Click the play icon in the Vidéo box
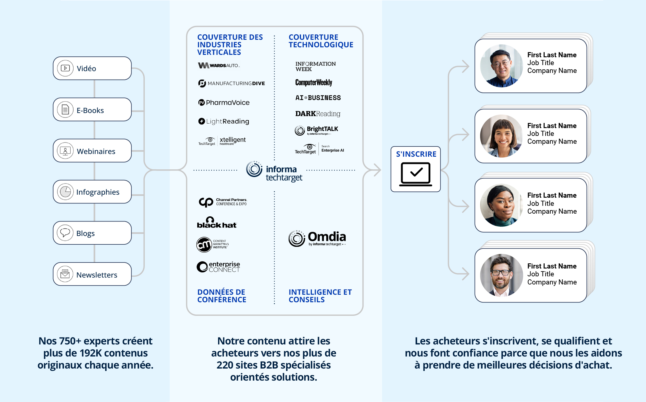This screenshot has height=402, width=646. (x=65, y=68)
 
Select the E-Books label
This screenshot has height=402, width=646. (x=90, y=111)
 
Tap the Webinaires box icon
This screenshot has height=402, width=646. (x=65, y=151)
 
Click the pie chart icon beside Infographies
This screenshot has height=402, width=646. (x=65, y=192)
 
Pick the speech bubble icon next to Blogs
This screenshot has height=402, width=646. (x=65, y=233)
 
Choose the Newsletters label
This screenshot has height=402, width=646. (x=97, y=275)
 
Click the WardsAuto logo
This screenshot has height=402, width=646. (x=219, y=65)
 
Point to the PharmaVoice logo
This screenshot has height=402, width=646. (x=224, y=102)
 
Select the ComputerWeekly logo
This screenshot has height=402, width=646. (x=314, y=83)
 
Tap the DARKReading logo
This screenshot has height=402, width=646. (x=318, y=114)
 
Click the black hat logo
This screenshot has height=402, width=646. (x=217, y=223)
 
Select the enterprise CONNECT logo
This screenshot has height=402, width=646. (x=218, y=267)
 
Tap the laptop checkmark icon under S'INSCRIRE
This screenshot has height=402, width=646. (x=416, y=174)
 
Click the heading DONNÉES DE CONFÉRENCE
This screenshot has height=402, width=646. (x=222, y=296)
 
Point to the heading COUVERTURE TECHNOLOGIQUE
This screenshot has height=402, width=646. (x=321, y=41)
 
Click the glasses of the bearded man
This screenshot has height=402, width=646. (x=501, y=273)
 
